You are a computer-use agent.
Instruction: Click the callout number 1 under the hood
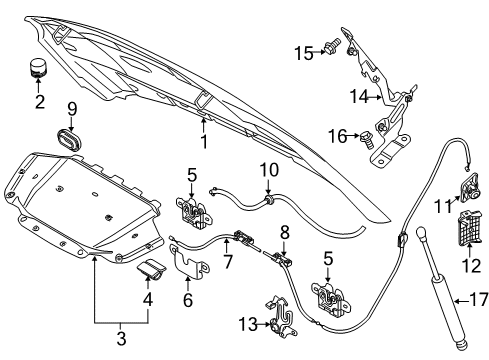pyautogui.click(x=204, y=141)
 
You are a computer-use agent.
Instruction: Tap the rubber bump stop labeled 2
pyautogui.click(x=37, y=68)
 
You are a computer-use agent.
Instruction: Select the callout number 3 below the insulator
pyautogui.click(x=121, y=338)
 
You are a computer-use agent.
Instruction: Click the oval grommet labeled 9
pyautogui.click(x=69, y=141)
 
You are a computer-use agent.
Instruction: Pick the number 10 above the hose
pyautogui.click(x=269, y=170)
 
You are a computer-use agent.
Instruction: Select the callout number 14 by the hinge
pyautogui.click(x=359, y=96)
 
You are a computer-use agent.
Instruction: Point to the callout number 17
pyautogui.click(x=479, y=299)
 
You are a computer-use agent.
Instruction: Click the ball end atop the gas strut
pyautogui.click(x=422, y=232)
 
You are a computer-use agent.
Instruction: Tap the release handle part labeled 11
pyautogui.click(x=470, y=188)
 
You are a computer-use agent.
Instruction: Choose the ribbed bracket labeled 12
pyautogui.click(x=469, y=228)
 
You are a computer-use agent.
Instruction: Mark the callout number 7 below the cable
pyautogui.click(x=228, y=261)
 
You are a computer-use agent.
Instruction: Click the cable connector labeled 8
pyautogui.click(x=282, y=259)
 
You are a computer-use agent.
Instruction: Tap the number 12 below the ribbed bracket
pyautogui.click(x=471, y=266)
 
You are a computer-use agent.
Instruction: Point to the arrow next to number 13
pyautogui.click(x=264, y=324)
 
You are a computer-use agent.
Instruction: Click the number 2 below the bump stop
pyautogui.click(x=40, y=101)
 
